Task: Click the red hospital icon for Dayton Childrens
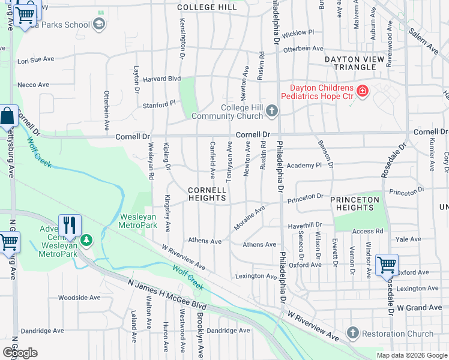coord(362,91)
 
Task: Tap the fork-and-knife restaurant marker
coord(70,225)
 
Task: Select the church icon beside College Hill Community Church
coord(272,110)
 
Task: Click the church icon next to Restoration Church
coord(352,333)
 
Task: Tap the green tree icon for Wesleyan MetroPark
coord(88,240)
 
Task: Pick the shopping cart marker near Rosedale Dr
coord(387,264)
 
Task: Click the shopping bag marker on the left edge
coord(7,116)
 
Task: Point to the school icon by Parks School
coord(99,25)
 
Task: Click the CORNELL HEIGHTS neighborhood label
coord(207,193)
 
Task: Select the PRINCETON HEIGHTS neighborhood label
coord(355,203)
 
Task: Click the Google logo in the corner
coord(19,353)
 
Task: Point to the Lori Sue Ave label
coord(36,61)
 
